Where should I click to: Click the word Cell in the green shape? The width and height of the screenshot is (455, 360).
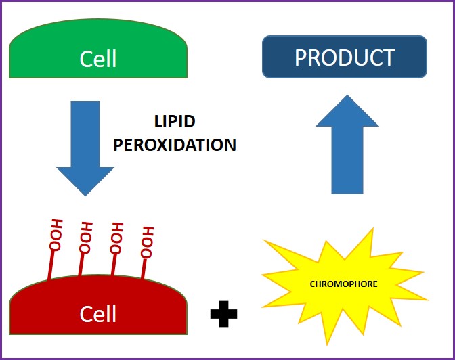click(x=98, y=59)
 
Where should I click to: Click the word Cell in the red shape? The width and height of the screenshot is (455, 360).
click(x=98, y=314)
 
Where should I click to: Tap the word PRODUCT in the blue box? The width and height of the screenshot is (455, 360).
click(x=344, y=58)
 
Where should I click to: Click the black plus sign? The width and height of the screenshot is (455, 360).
click(x=223, y=315)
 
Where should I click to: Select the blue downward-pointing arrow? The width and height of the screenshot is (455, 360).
click(x=85, y=145)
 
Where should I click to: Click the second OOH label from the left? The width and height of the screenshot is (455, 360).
click(x=86, y=236)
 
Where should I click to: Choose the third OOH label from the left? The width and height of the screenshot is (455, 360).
click(x=117, y=238)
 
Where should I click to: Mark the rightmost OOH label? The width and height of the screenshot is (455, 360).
click(x=147, y=241)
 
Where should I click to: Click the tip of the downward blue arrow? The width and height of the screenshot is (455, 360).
click(x=85, y=194)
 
